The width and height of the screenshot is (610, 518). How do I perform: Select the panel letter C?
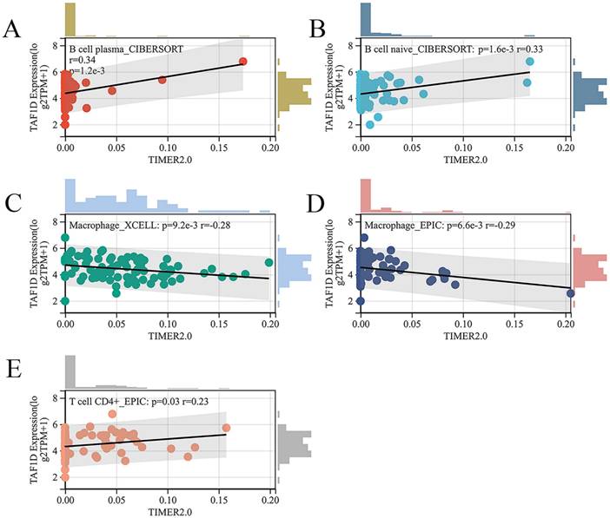tap(12, 205)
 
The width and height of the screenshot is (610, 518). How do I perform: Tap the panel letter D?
tap(317, 205)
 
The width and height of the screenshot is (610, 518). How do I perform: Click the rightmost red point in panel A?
tap(242, 62)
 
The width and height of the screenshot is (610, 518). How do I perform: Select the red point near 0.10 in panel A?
tap(162, 80)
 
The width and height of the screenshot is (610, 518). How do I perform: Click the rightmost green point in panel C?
tap(269, 263)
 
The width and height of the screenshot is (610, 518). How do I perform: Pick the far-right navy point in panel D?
tap(570, 293)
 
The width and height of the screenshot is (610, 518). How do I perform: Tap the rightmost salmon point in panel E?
tap(226, 428)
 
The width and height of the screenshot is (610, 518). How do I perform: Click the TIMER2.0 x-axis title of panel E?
tap(168, 510)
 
